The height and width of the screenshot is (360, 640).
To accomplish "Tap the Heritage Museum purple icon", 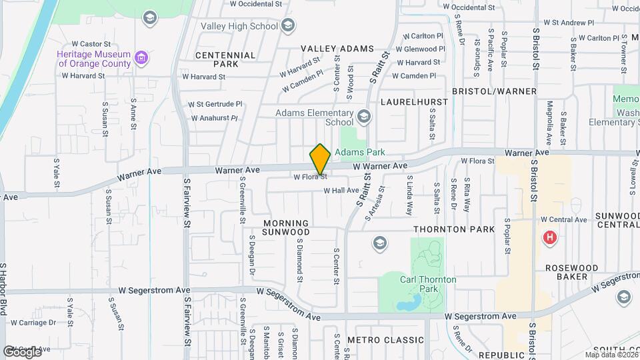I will click(x=141, y=59).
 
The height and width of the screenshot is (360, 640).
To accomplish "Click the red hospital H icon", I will click(x=550, y=237).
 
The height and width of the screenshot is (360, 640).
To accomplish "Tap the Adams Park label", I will click(x=360, y=153).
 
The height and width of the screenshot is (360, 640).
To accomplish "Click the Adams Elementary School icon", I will click(x=363, y=117).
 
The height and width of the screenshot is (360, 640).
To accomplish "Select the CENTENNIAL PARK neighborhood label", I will click(x=225, y=59).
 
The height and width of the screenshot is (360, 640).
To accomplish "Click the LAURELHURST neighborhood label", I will click(x=408, y=102).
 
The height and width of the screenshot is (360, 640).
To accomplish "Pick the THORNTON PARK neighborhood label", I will click(x=454, y=229).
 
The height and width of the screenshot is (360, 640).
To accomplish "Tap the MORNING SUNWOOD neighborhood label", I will click(x=286, y=227).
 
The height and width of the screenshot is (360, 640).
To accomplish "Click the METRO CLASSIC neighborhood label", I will click(x=385, y=340).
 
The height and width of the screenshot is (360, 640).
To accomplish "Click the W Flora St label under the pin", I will click(x=310, y=177).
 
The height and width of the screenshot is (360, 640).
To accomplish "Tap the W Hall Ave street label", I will click(x=341, y=191).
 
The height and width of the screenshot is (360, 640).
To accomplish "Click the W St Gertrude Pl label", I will click(x=215, y=105).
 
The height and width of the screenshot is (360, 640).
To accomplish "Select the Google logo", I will click(x=22, y=351).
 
